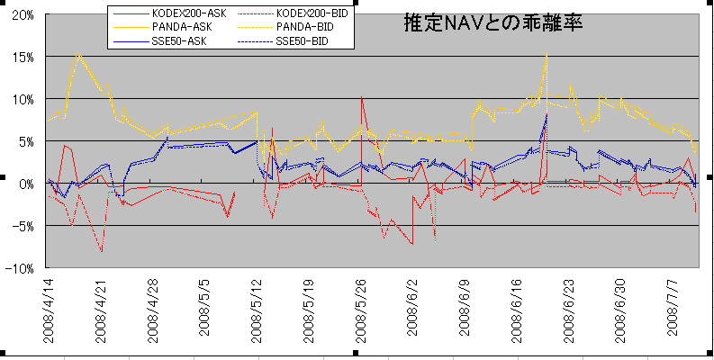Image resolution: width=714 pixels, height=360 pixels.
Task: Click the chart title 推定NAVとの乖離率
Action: (x=494, y=24)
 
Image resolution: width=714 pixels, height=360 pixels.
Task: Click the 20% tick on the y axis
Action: (x=23, y=15)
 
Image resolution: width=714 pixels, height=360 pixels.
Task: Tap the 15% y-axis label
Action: (x=23, y=57)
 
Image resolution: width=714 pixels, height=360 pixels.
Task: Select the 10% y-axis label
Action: (x=23, y=99)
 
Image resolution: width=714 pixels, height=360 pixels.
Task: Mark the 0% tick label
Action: (x=26, y=184)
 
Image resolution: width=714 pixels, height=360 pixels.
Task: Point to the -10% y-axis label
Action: (x=21, y=268)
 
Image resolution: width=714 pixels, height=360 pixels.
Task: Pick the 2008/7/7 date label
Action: (x=673, y=314)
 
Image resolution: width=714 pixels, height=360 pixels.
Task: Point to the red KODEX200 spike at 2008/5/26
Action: (x=361, y=96)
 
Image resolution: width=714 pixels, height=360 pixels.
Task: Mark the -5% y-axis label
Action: (x=23, y=226)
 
